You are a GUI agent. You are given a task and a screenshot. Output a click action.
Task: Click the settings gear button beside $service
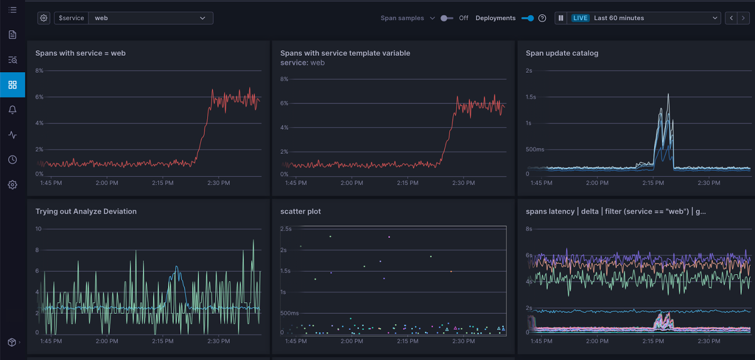44,18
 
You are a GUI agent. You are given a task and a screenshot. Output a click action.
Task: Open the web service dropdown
151,18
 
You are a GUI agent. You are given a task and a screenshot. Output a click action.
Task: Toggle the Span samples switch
446,18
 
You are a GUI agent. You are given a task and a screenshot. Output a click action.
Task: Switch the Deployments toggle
528,18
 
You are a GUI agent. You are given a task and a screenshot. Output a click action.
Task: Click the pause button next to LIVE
561,18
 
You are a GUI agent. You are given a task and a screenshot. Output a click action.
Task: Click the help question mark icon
542,18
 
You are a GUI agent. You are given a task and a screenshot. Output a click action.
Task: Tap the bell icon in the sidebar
13,109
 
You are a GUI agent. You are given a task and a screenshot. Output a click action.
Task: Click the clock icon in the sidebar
13,159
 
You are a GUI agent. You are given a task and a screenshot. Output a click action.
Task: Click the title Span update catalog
562,53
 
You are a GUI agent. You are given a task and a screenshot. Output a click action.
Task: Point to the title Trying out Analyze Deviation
86,211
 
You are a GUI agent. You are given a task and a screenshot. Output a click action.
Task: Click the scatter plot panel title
301,211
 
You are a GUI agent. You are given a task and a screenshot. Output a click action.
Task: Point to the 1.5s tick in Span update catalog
531,97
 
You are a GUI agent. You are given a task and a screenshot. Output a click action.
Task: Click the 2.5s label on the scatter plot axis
286,229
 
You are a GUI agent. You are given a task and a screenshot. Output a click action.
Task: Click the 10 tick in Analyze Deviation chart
39,229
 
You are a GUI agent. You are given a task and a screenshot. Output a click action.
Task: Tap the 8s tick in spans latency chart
529,229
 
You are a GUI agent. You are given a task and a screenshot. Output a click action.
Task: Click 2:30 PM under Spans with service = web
218,183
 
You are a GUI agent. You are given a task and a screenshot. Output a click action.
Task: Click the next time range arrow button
743,18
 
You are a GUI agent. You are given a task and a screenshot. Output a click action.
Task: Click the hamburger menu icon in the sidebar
13,9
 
